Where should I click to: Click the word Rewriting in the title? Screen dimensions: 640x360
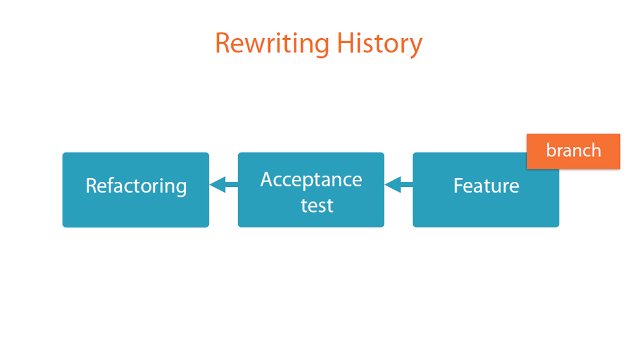click(x=272, y=44)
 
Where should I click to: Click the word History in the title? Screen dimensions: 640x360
click(x=379, y=44)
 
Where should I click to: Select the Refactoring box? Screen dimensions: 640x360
click(x=136, y=190)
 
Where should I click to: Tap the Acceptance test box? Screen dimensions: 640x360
click(x=311, y=190)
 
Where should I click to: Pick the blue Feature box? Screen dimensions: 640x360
click(x=486, y=190)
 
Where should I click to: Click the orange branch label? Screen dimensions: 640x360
click(x=573, y=151)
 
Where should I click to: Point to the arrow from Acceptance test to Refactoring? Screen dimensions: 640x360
click(x=224, y=185)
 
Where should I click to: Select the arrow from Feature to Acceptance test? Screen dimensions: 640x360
click(x=399, y=185)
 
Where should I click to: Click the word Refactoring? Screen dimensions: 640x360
click(x=136, y=186)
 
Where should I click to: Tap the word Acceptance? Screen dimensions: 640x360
click(x=311, y=180)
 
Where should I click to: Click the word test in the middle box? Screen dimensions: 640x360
click(x=317, y=205)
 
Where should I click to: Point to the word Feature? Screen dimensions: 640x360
click(x=486, y=186)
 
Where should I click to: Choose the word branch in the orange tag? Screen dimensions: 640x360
click(x=574, y=150)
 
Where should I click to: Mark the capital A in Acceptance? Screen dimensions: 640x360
click(x=267, y=179)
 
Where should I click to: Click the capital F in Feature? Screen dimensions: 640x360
click(x=459, y=186)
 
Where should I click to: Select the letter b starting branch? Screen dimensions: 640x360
click(x=551, y=150)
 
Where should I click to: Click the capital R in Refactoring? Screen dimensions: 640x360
click(x=92, y=186)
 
